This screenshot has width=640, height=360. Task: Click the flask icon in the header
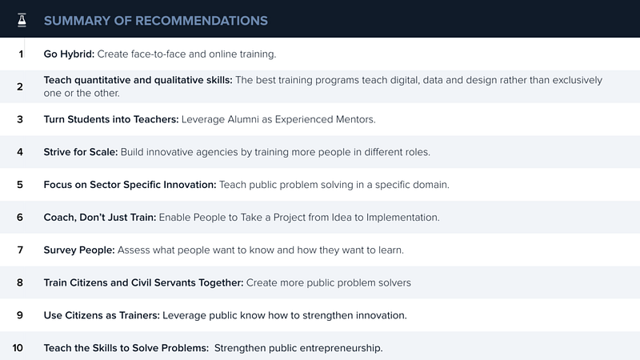22,20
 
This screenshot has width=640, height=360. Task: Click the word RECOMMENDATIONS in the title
202,21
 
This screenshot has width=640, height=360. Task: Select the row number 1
21,54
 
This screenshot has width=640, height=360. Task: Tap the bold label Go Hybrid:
69,54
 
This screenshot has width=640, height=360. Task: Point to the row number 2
20,86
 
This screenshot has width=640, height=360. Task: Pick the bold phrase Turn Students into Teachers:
111,119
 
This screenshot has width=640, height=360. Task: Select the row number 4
20,152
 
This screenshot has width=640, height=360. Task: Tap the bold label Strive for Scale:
81,152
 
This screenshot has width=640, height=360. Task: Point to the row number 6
20,217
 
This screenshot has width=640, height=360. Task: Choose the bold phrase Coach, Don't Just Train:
100,217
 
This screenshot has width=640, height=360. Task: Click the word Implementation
402,217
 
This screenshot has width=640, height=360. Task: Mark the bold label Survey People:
79,250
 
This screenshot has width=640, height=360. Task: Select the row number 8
20,282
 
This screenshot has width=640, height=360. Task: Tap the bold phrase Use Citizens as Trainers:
102,315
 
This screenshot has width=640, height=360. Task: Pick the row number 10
18,348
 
